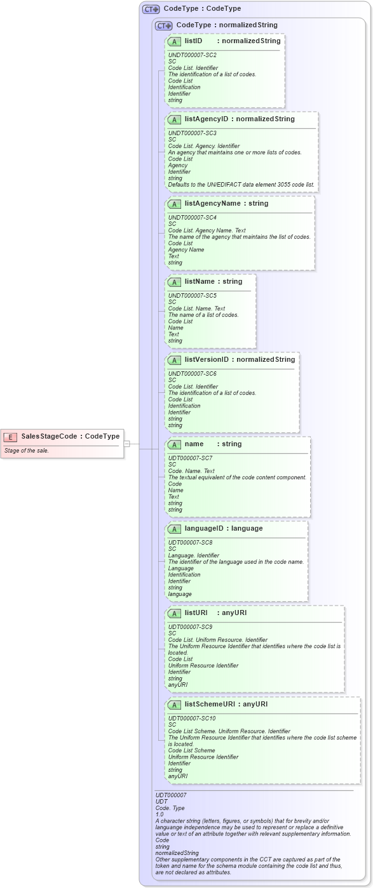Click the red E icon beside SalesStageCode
pyautogui.click(x=10, y=437)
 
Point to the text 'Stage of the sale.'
pyautogui.click(x=26, y=451)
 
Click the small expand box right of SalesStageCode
pyautogui.click(x=126, y=444)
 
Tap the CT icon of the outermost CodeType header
pyautogui.click(x=151, y=10)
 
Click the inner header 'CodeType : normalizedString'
pyautogui.click(x=226, y=25)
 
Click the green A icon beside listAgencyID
pyautogui.click(x=174, y=119)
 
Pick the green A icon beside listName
pyautogui.click(x=174, y=282)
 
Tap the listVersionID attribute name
pyautogui.click(x=207, y=360)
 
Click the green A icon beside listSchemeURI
pyautogui.click(x=174, y=705)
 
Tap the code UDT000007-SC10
pyautogui.click(x=192, y=719)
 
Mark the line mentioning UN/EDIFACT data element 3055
pyautogui.click(x=241, y=185)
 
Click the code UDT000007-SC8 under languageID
pyautogui.click(x=190, y=543)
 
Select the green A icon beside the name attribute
pyautogui.click(x=174, y=444)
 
